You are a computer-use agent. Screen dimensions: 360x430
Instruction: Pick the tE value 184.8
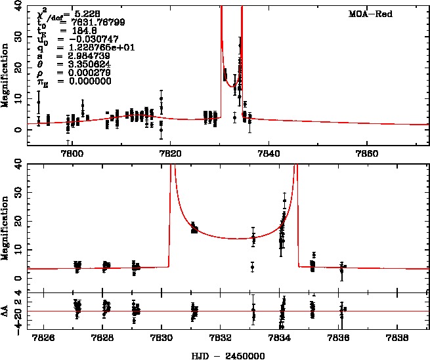tap(74, 30)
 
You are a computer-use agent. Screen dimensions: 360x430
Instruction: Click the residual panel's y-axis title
tap(6, 312)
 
